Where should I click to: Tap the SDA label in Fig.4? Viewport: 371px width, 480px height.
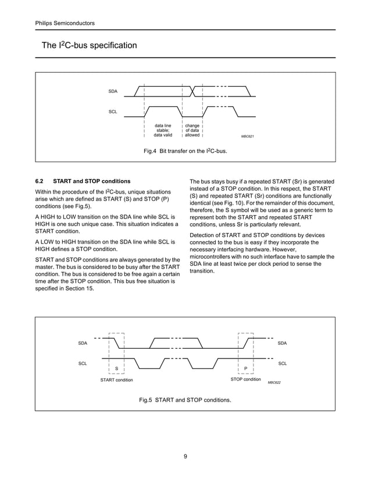(113, 92)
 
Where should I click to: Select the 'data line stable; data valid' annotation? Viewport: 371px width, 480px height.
(163, 130)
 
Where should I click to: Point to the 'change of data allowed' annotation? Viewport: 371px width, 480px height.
(192, 130)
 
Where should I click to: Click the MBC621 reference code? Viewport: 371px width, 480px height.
(248, 136)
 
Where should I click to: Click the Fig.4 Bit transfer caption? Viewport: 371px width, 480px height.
(185, 151)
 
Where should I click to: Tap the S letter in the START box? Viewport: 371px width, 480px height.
(116, 368)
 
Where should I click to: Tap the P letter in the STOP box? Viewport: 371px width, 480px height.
(246, 368)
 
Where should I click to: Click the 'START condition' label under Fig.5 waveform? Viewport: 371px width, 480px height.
(116, 380)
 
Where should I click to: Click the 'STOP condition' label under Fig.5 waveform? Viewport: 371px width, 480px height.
(245, 379)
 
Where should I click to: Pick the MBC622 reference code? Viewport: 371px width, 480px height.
(274, 383)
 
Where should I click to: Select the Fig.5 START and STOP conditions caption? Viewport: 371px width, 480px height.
(185, 400)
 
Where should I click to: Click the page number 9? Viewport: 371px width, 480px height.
(185, 456)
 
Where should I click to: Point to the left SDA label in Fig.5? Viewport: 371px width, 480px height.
(83, 343)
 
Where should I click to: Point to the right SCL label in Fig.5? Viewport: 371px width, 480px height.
(282, 363)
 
